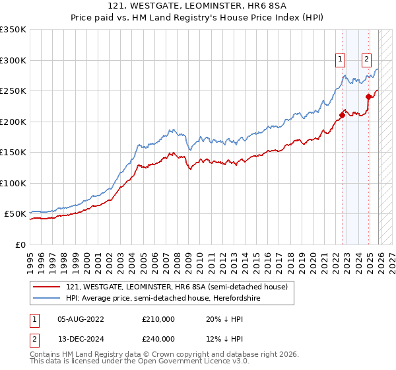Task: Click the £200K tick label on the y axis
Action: tap(13, 122)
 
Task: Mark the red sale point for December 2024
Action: tap(368, 97)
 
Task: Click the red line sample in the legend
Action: tap(47, 287)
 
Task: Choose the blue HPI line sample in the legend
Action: tap(47, 298)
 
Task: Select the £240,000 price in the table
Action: tap(158, 338)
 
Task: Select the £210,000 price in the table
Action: tap(158, 318)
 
